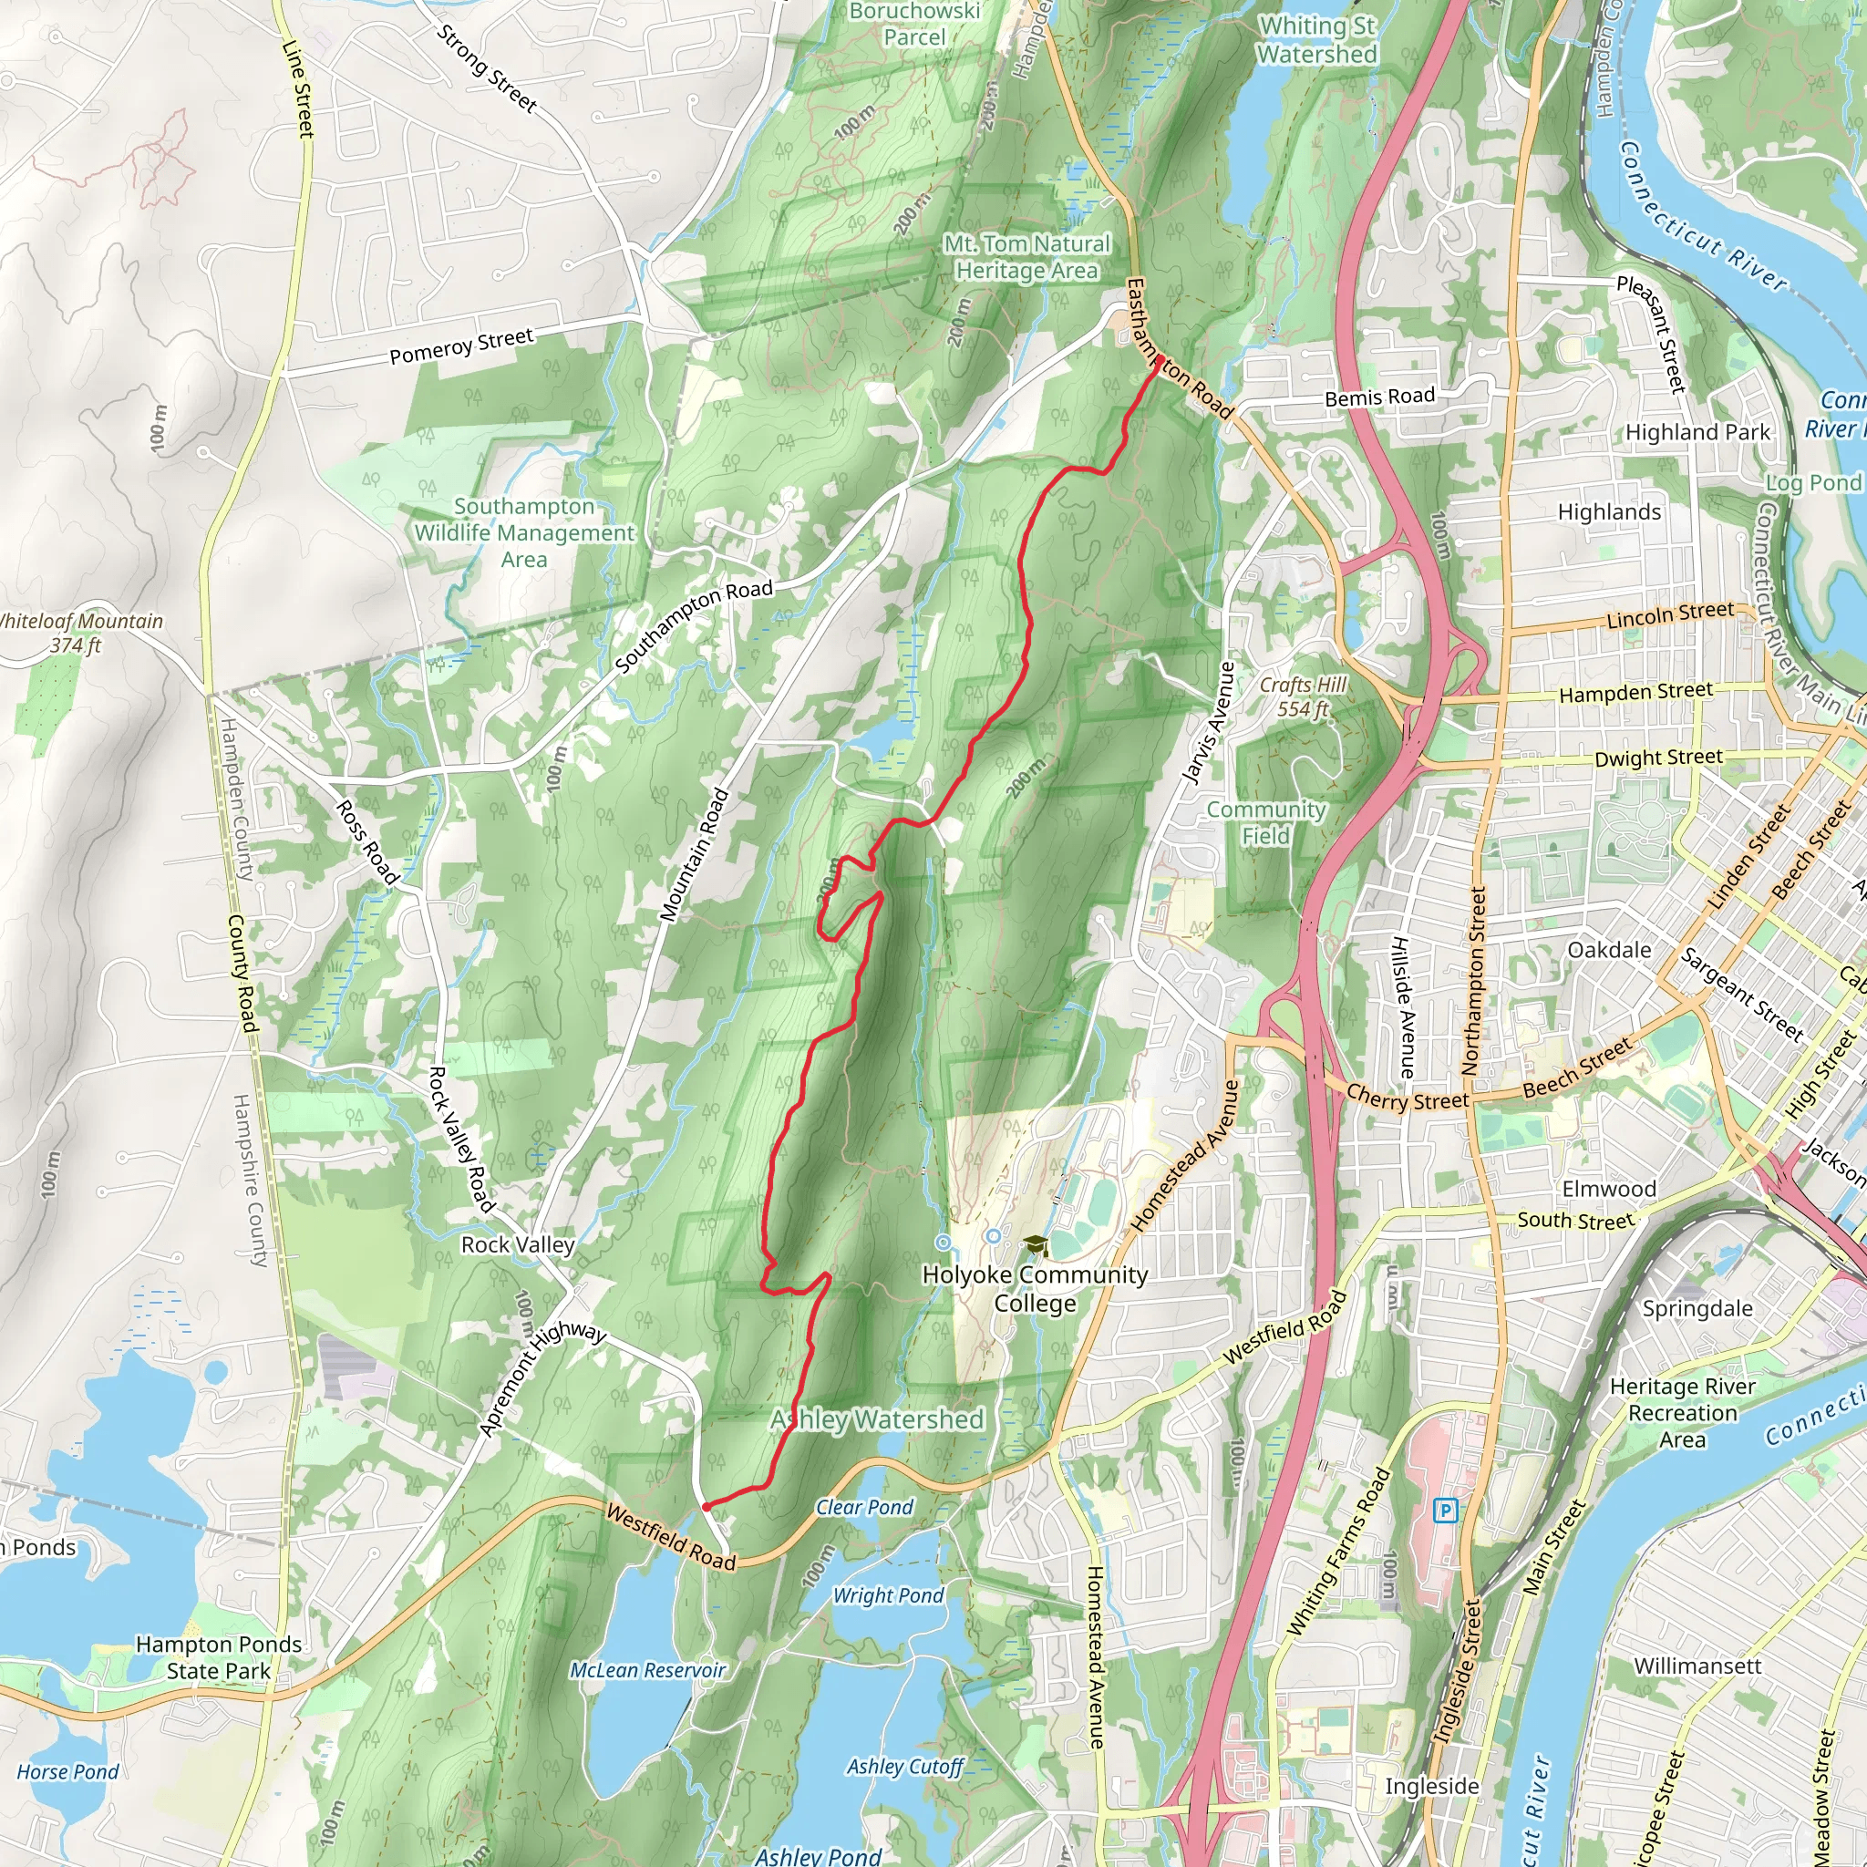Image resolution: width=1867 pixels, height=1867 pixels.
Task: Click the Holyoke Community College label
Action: coord(1035,1288)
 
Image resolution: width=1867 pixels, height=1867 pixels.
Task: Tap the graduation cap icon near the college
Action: coord(1035,1244)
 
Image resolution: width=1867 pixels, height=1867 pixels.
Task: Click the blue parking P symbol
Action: coord(1446,1510)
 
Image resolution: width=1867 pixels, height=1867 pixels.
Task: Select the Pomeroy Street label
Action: coord(461,346)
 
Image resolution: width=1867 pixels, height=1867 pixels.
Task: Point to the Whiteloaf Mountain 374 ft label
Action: coord(77,633)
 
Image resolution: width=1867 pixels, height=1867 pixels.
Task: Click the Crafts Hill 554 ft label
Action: coord(1303,696)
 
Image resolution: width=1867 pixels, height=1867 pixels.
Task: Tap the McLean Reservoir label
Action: coord(647,1670)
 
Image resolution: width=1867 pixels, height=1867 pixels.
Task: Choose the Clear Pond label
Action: coord(864,1507)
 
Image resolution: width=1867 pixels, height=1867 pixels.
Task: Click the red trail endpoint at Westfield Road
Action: coord(707,1507)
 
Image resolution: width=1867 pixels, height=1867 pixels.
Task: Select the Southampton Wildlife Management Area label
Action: coord(524,532)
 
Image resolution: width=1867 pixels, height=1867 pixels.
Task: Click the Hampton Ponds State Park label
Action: coord(219,1657)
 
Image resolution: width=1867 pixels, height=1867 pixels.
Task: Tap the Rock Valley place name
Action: coord(518,1244)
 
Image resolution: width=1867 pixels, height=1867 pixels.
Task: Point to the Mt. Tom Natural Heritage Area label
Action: coord(1027,257)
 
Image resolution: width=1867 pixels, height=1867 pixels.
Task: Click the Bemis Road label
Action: coord(1379,397)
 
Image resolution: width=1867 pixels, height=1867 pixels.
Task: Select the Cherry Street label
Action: coord(1407,1099)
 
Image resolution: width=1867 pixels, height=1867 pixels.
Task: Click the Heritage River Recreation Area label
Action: coord(1683,1413)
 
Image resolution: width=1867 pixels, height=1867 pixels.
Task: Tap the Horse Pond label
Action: coord(67,1771)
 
